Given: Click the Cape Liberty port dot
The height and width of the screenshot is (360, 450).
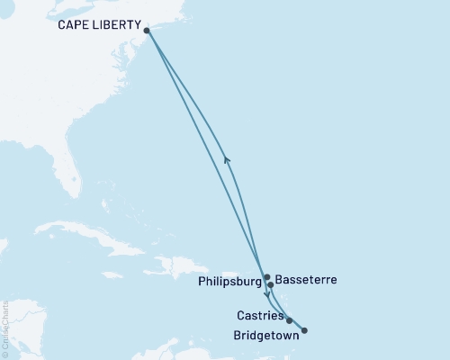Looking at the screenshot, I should (147, 31).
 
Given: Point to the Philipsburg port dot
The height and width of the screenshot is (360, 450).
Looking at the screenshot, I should (266, 277).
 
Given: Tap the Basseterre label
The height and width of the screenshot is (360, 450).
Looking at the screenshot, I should (305, 280).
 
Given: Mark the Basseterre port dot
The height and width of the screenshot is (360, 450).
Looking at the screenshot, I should (270, 284).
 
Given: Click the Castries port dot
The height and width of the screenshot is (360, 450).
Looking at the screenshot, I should (289, 320).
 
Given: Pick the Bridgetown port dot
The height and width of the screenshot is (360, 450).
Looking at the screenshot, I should (304, 330).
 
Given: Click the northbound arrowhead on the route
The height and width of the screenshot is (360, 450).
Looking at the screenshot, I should (227, 159).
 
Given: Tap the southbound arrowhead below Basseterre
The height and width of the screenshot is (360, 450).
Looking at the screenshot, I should (266, 293).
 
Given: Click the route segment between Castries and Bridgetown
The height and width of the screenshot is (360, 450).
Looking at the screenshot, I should (297, 326).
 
